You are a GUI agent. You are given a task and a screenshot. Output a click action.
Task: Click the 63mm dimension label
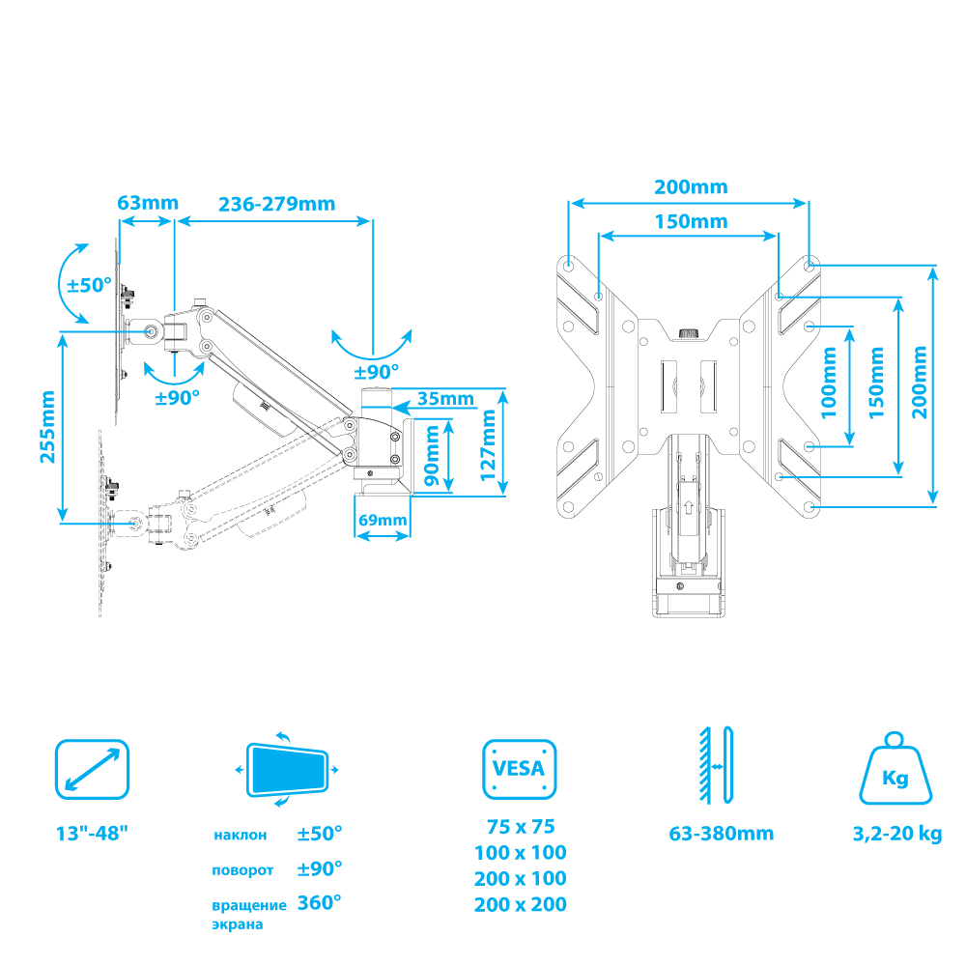click(x=148, y=203)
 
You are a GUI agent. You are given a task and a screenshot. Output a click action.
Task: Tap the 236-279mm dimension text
click(x=276, y=203)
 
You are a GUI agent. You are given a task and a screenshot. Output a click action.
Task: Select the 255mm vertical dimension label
click(x=47, y=427)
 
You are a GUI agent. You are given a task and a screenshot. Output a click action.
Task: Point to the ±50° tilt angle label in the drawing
click(x=89, y=285)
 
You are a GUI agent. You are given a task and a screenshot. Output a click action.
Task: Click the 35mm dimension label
click(x=445, y=398)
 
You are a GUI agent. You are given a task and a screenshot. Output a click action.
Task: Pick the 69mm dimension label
click(x=383, y=521)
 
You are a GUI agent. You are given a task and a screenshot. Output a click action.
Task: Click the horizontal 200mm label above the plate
click(x=691, y=186)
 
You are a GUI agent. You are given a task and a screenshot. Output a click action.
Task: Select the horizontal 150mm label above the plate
click(x=691, y=220)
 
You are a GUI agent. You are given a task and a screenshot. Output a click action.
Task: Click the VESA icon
click(x=519, y=770)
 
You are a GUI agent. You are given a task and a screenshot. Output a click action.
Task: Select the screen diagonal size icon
click(x=92, y=770)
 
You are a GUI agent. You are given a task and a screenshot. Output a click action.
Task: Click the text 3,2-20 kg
click(x=896, y=834)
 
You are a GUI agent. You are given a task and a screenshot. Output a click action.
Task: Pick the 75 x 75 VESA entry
click(x=520, y=827)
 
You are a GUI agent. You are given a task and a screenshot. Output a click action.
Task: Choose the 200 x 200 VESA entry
click(x=520, y=905)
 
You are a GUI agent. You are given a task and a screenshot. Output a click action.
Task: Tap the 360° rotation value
click(x=320, y=903)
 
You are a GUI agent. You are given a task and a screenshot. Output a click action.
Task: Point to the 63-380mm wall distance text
click(x=721, y=834)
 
